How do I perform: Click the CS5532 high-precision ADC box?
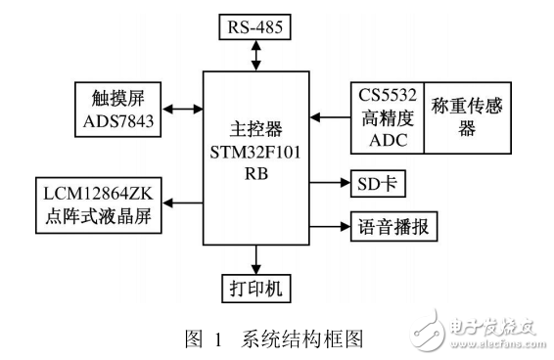387,116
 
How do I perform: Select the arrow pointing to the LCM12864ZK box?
183,203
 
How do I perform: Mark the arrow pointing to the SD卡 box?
327,183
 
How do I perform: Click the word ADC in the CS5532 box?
386,139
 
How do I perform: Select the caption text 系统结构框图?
307,339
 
